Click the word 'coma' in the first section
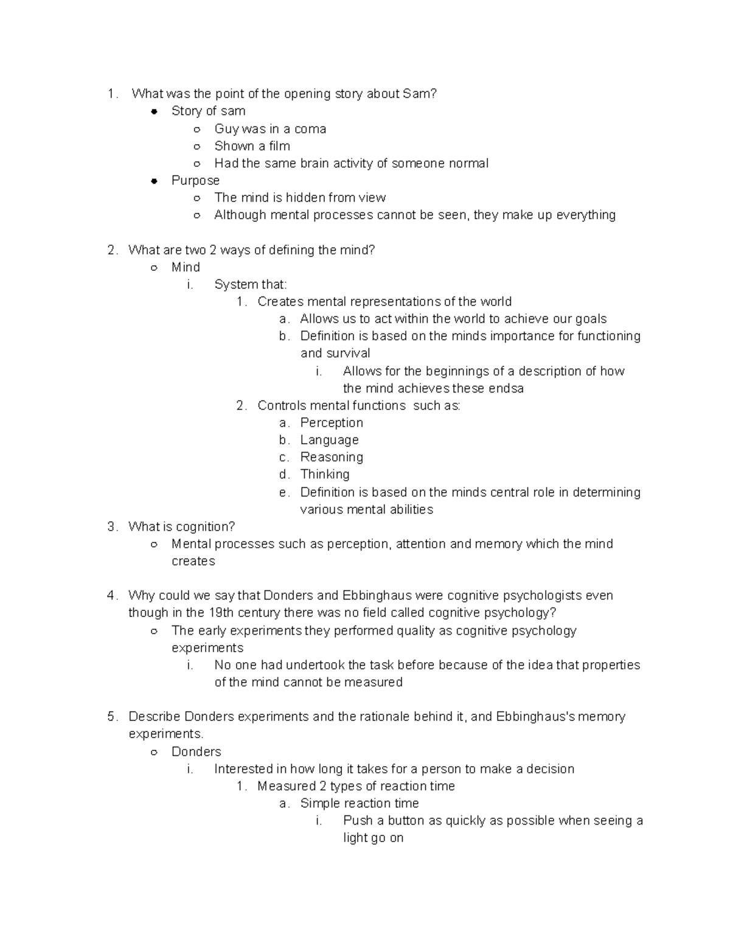(x=310, y=129)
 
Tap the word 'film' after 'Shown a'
(x=279, y=146)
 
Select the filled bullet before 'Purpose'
(x=155, y=181)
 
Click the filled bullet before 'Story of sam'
(x=155, y=111)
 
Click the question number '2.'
(x=112, y=250)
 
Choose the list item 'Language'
(x=329, y=440)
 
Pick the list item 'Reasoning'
(x=332, y=457)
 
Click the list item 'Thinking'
(x=325, y=474)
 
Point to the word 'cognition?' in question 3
(x=205, y=527)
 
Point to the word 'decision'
(x=550, y=769)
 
